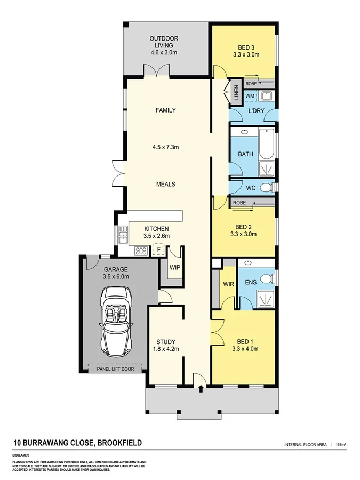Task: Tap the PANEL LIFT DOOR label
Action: coord(117,369)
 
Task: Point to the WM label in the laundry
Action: coord(250,96)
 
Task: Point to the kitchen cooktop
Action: coord(141,250)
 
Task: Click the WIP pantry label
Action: coord(174,266)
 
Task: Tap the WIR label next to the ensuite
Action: coord(228,284)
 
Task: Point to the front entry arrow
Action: coord(200,388)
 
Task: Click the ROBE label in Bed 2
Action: coord(239,203)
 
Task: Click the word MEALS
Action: coord(165,184)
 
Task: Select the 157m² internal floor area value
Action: coord(340,444)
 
